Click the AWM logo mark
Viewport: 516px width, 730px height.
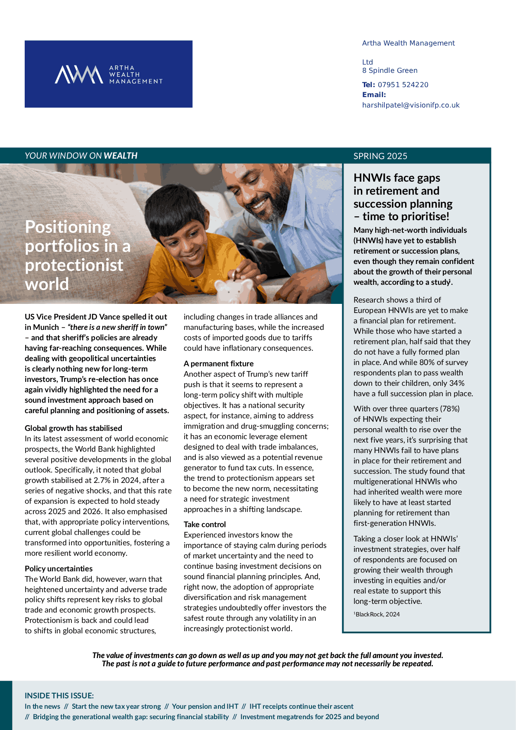pos(78,75)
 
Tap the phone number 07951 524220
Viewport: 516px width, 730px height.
pos(403,85)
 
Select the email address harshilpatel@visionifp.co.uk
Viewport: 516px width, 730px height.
pos(411,105)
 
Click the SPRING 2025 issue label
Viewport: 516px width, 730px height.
pos(380,156)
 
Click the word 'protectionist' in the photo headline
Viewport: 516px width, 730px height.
pos(74,265)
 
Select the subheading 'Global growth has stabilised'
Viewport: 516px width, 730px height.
pos(73,428)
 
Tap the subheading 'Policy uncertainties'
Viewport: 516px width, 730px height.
pos(58,569)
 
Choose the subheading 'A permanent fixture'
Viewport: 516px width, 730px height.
pos(218,364)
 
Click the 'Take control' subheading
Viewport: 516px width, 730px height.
pos(204,525)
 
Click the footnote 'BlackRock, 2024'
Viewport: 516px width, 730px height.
pos(377,614)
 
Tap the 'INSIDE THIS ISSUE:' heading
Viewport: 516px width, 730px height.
pos(59,696)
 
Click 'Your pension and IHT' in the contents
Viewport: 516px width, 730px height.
pos(205,707)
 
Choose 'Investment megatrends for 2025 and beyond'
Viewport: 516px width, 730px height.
pos(309,717)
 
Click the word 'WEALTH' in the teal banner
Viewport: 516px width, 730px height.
pos(120,156)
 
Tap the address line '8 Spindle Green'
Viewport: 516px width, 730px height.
pos(390,71)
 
